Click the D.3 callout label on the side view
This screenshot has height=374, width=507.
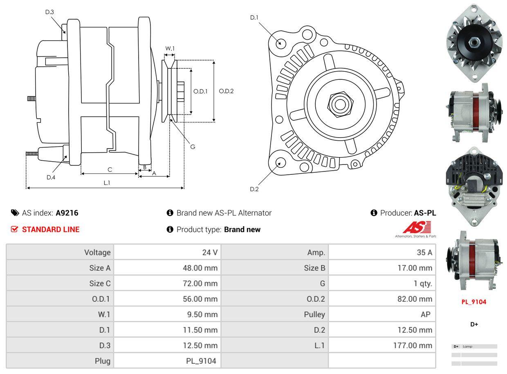tap(49, 12)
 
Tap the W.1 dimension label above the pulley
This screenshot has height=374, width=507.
tap(170, 48)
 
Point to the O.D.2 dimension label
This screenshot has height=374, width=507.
tap(226, 91)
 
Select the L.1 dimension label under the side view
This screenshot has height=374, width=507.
tap(107, 183)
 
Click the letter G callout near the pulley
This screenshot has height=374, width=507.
tap(193, 146)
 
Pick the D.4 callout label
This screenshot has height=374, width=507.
tap(51, 177)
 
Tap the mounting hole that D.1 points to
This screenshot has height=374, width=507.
tap(280, 43)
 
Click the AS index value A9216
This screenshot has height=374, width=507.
tap(67, 213)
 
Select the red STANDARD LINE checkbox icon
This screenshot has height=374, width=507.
tap(15, 229)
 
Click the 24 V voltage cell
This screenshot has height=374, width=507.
tap(210, 252)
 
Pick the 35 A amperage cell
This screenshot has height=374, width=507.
tap(424, 252)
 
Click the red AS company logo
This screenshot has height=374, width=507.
tap(417, 228)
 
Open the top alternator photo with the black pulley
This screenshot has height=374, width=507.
tap(474, 42)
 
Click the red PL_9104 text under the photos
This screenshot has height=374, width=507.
tap(474, 302)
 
